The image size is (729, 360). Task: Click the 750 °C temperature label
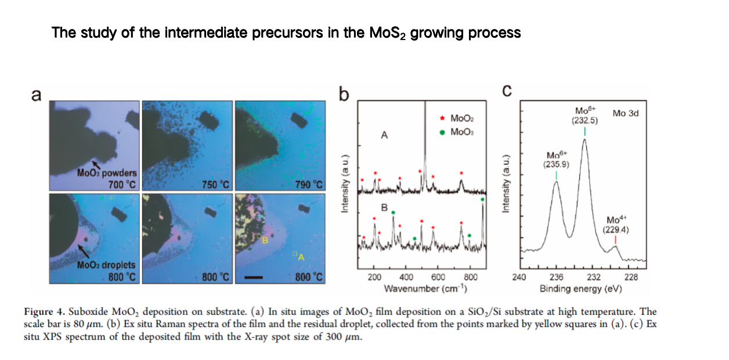tap(216, 185)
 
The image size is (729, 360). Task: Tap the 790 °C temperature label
tap(309, 185)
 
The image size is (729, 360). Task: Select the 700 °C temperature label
tap(122, 185)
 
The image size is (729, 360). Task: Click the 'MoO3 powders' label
tap(107, 173)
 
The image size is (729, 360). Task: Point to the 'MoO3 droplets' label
tap(106, 265)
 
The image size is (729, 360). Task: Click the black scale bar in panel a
tap(255, 277)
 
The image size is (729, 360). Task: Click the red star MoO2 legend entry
tap(455, 119)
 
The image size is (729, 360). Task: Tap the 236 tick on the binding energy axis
tap(556, 277)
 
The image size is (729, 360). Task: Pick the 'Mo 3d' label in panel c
tap(625, 113)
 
